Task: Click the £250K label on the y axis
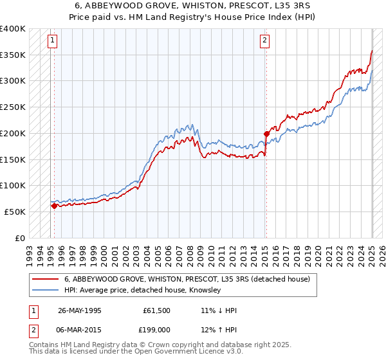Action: click(13, 107)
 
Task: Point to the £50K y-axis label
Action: click(15, 212)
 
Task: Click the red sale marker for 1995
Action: click(54, 206)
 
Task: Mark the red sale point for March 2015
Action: click(266, 134)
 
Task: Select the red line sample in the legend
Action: click(44, 279)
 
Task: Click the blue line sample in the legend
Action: click(44, 290)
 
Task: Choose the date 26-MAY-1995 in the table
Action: click(80, 310)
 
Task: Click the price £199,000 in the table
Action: click(157, 330)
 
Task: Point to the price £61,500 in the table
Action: click(157, 310)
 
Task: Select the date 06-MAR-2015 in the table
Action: click(80, 330)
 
